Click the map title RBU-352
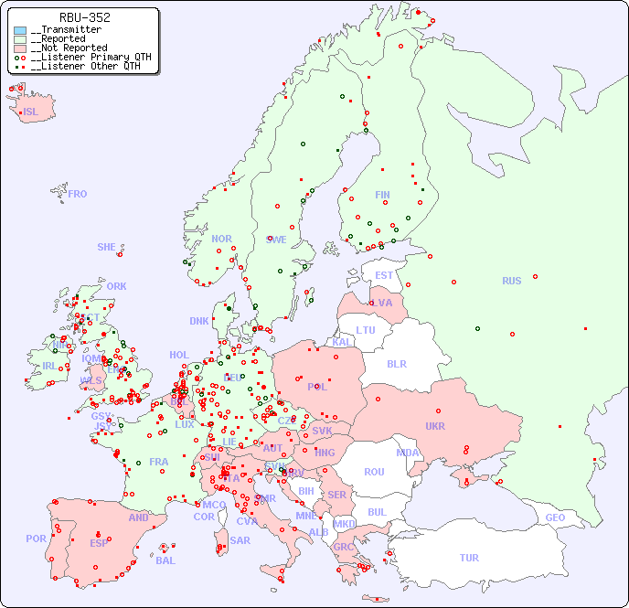tap(84, 17)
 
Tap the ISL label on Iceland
tap(31, 112)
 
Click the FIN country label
tap(382, 195)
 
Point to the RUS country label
tap(511, 281)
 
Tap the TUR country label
tap(469, 558)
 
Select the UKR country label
tap(434, 426)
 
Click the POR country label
tap(36, 539)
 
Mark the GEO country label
tap(555, 517)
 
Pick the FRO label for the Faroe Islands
tap(78, 194)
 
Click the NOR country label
tap(221, 239)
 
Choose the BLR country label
tap(396, 363)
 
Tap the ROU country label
tap(374, 472)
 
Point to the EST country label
tap(384, 275)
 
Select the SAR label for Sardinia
tap(240, 540)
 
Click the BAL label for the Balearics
tap(165, 560)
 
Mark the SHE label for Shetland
tap(107, 247)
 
